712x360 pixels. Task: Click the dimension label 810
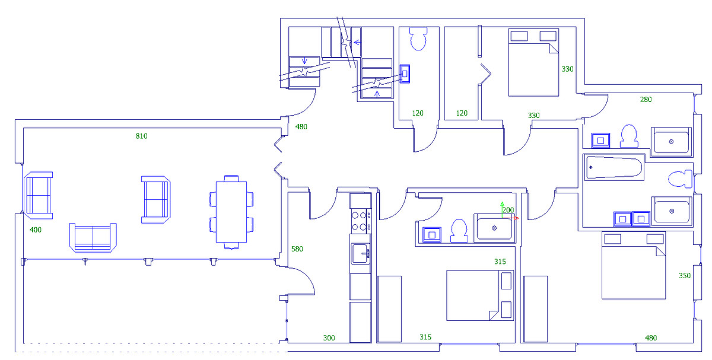point(141,136)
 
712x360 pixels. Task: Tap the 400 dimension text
point(36,230)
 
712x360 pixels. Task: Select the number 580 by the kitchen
point(297,249)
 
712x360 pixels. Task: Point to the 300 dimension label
point(329,338)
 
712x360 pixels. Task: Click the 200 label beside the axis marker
point(508,210)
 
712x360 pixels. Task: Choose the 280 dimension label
point(646,100)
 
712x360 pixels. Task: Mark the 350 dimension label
point(685,276)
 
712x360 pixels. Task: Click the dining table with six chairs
point(231,211)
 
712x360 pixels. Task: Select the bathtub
point(614,168)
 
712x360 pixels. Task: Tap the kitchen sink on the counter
point(360,254)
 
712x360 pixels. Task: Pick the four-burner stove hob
point(360,221)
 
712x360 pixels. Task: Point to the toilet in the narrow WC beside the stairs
point(418,39)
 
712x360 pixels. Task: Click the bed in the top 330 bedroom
point(533,62)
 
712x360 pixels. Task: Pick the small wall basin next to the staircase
point(405,74)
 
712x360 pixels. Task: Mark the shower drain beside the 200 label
point(494,228)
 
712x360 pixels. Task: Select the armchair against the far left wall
point(38,195)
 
